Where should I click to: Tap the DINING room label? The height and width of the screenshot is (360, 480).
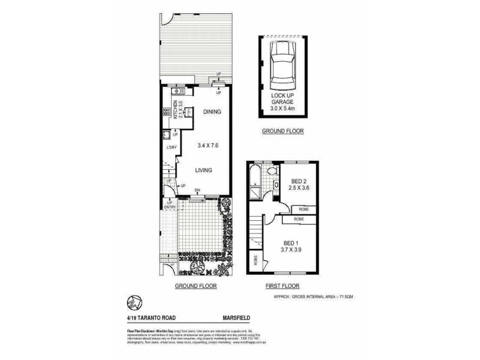tap(212, 112)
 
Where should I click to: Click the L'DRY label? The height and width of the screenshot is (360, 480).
tap(171, 148)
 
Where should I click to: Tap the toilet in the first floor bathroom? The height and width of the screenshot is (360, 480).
tap(274, 172)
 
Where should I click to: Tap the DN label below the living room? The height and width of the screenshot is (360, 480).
tap(197, 191)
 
